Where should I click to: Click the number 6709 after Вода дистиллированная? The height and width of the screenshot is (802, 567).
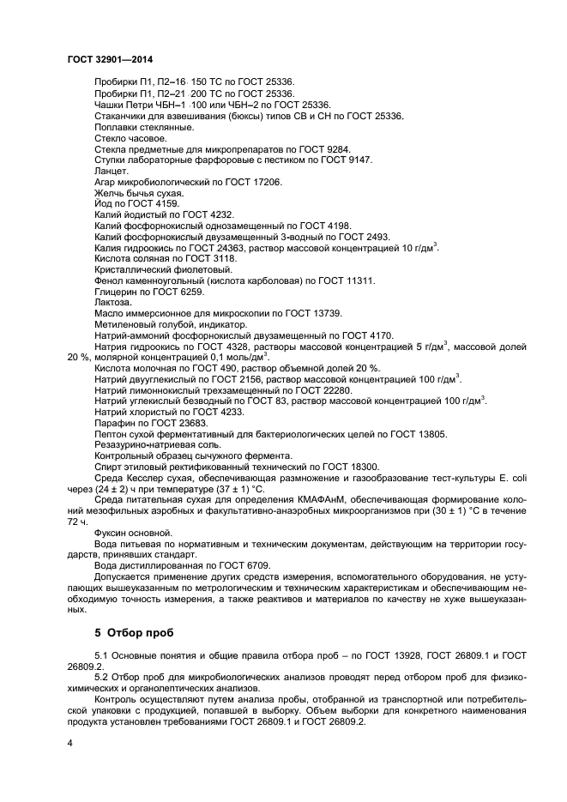pyautogui.click(x=254, y=566)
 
